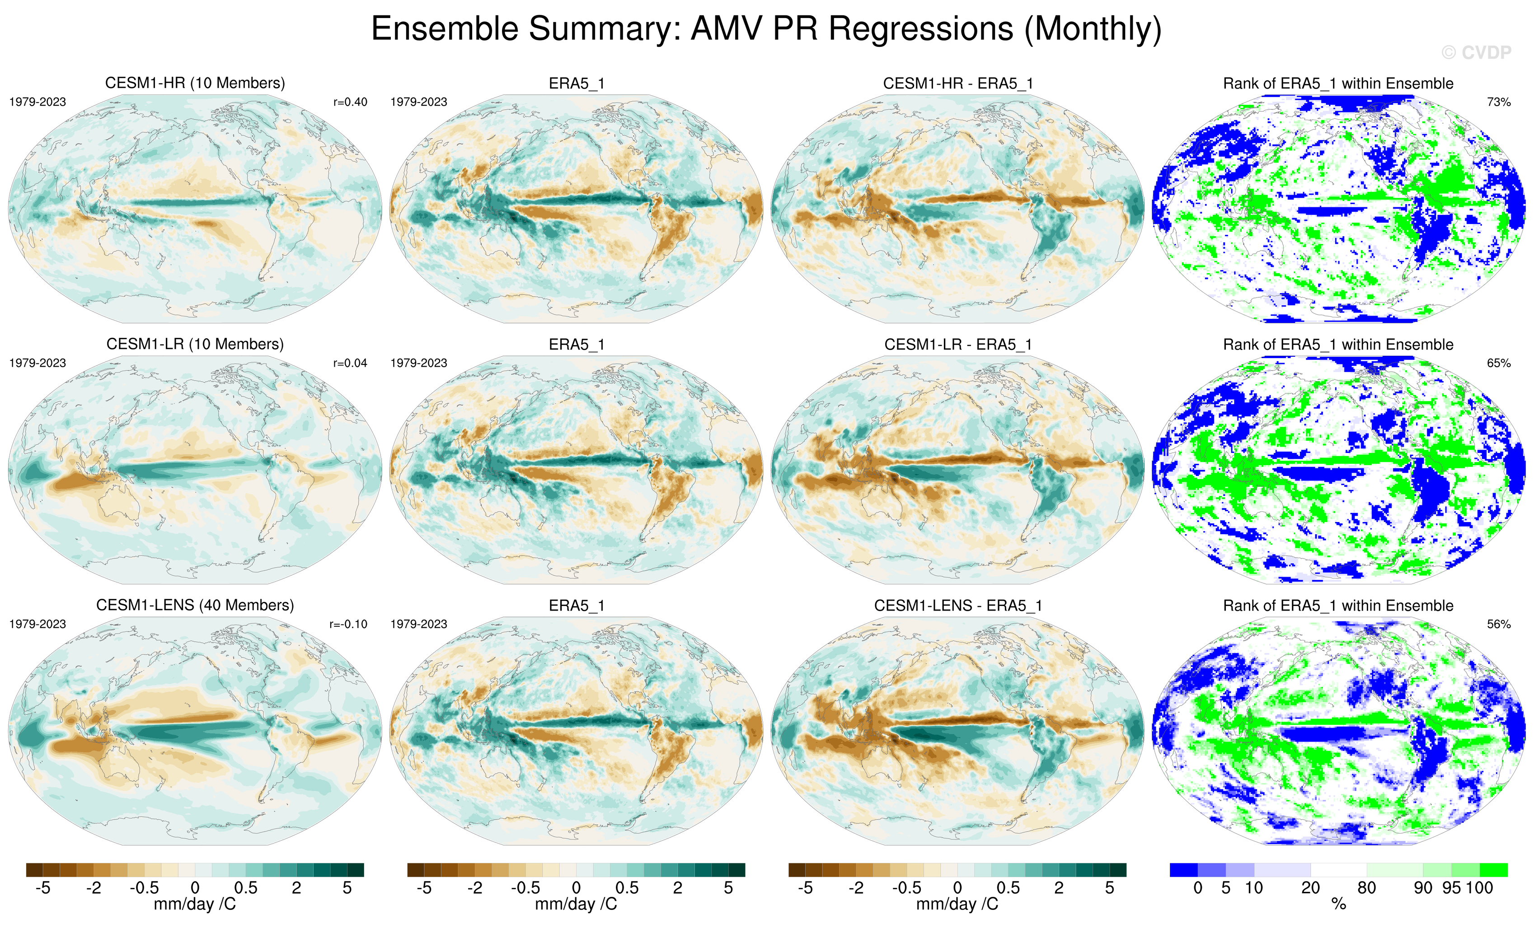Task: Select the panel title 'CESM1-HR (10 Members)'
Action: [x=195, y=84]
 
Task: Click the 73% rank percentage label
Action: [x=1498, y=102]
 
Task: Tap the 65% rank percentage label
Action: [x=1498, y=363]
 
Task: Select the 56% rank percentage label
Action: [x=1498, y=624]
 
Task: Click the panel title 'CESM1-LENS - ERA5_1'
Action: [x=958, y=606]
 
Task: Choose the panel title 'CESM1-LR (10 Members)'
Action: [x=195, y=344]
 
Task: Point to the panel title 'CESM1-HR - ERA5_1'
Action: [x=958, y=84]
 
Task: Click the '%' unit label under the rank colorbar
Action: [x=1338, y=905]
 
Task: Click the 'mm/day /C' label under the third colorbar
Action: [x=957, y=905]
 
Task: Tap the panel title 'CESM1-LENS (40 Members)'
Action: [x=195, y=606]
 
